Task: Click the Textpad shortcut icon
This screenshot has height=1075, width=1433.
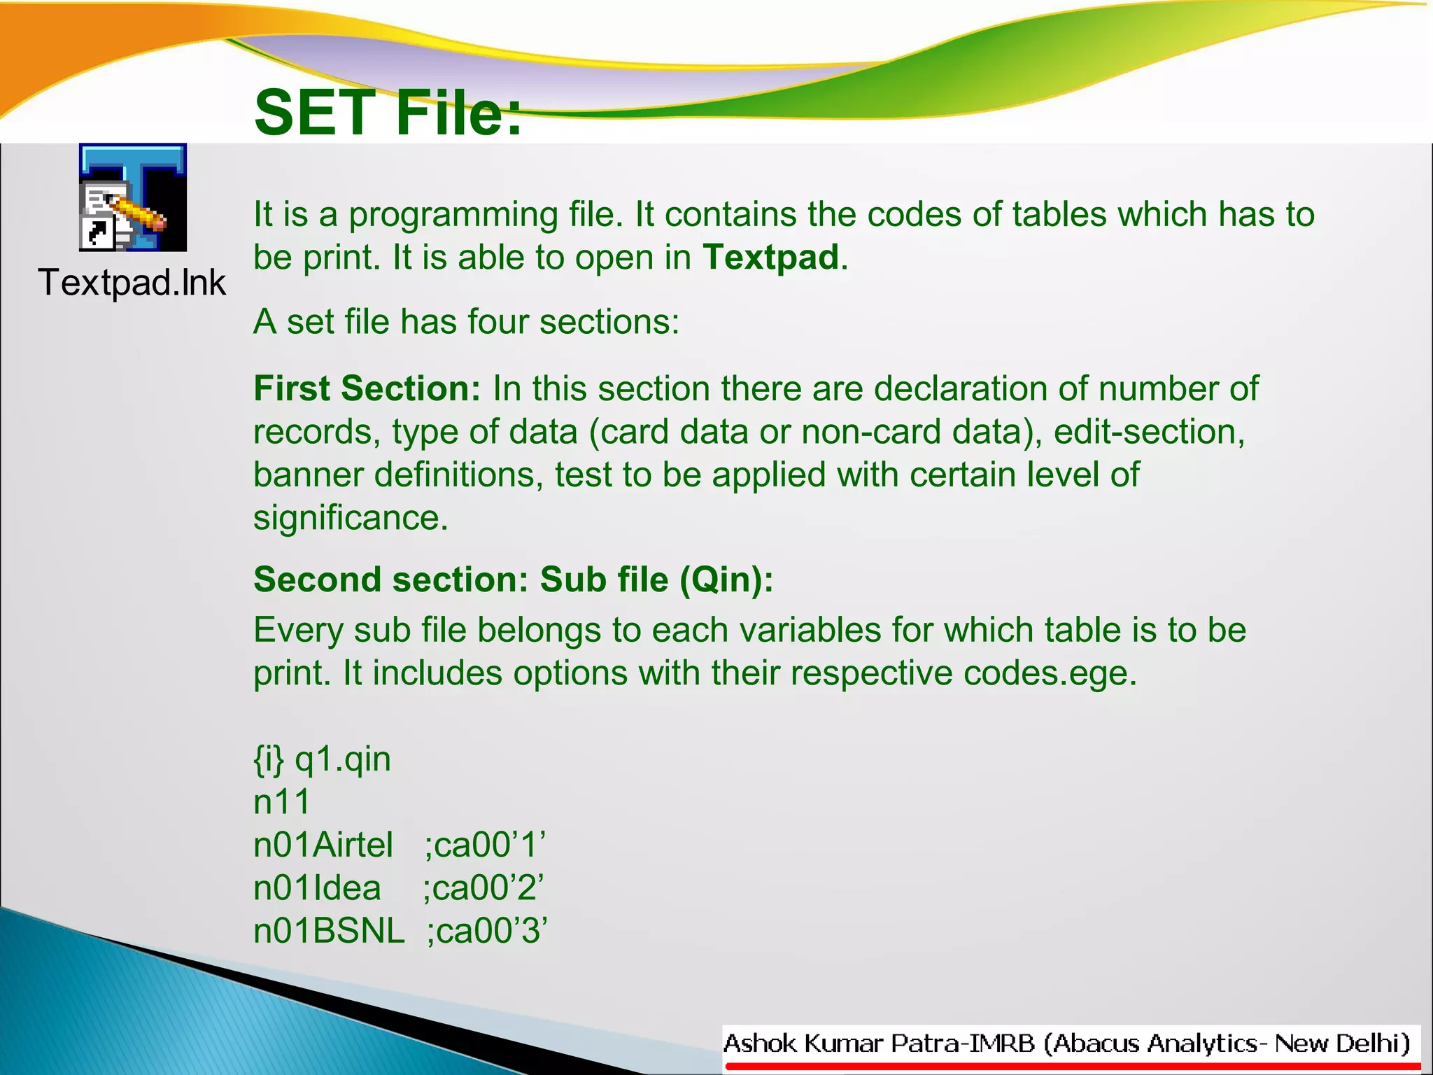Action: (x=133, y=197)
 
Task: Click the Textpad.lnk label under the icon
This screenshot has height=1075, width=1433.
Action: (x=132, y=283)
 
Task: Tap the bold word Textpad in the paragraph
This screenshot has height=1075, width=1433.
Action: (x=770, y=258)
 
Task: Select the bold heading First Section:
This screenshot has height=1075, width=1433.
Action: (x=367, y=388)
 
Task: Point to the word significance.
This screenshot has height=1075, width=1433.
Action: (x=350, y=519)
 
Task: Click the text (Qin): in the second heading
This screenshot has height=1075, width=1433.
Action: (x=726, y=580)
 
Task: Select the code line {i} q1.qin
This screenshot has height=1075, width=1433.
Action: (x=322, y=760)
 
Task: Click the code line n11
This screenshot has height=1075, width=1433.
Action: (x=281, y=803)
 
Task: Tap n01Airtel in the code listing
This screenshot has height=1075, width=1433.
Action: (x=323, y=845)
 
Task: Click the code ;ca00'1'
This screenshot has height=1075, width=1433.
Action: (x=485, y=845)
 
